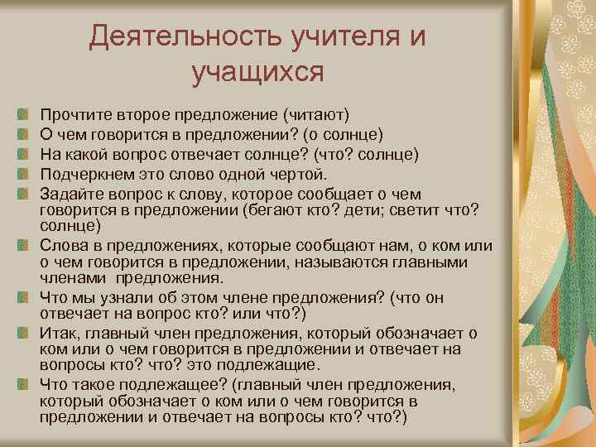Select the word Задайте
click(x=69, y=195)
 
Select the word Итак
click(x=59, y=334)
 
